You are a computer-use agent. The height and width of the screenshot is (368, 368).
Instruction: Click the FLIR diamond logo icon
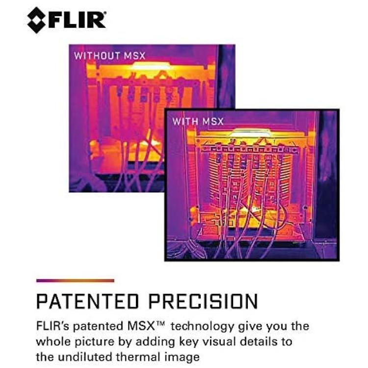pos(36,20)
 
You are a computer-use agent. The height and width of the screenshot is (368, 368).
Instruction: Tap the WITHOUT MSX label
pos(109,56)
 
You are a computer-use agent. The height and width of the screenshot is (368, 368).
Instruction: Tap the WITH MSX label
pos(198,121)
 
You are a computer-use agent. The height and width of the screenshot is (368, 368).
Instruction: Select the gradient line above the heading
pos(76,281)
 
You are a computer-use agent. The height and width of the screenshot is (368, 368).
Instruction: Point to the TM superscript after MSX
pos(161,323)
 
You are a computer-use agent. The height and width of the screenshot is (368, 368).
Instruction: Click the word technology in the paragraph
pos(202,327)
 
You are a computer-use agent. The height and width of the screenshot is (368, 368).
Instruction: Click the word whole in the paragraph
pos(53,342)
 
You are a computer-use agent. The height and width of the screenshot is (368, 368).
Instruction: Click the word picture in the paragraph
pos(94,342)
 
